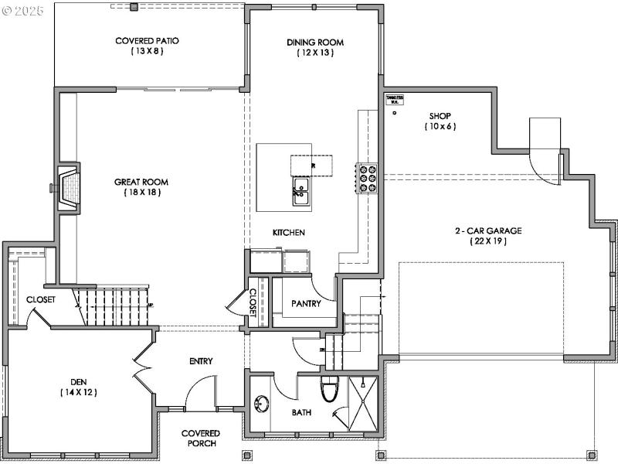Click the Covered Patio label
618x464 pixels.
point(141,40)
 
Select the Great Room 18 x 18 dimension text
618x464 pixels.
point(141,193)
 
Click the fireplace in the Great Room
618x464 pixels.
point(69,187)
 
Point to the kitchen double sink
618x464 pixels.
point(301,191)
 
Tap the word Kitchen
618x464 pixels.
point(289,232)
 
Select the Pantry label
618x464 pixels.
point(306,304)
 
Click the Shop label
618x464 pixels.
point(440,116)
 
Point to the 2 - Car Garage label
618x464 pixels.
point(487,230)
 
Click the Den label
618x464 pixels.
point(80,381)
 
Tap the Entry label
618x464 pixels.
point(201,361)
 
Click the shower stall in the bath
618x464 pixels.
point(363,402)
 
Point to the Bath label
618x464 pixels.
point(301,413)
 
